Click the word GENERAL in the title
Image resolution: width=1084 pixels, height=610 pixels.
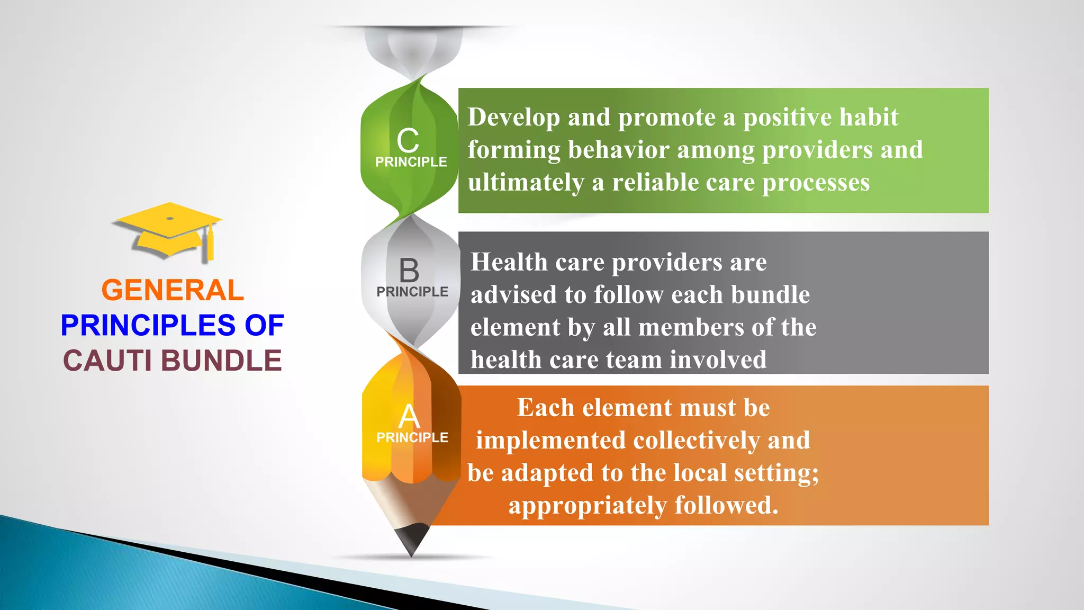173,290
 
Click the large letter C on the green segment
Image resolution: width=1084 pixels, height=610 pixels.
408,141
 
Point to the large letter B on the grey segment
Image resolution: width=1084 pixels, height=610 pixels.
409,271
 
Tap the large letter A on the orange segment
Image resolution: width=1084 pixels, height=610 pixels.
409,417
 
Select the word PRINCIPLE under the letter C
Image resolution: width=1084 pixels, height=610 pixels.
411,162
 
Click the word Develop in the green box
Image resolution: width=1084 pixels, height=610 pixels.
513,118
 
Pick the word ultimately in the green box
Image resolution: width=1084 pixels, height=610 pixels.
526,183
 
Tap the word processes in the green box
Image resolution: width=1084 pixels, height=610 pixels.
816,183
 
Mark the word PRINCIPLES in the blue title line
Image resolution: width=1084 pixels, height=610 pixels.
148,325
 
